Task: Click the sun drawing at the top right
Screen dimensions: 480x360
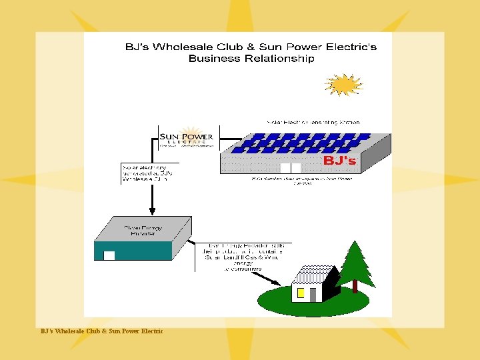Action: (x=344, y=85)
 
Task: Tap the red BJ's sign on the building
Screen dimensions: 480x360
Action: (x=339, y=161)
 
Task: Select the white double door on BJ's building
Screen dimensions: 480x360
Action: (x=291, y=168)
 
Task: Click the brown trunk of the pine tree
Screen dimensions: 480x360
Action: (x=355, y=286)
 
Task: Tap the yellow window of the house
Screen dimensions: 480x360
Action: (x=301, y=292)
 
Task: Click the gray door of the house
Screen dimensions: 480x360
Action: (x=313, y=294)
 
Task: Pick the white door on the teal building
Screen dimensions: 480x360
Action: (x=110, y=255)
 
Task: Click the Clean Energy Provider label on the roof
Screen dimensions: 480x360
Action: (x=143, y=231)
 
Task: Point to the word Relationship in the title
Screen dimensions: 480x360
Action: (x=279, y=58)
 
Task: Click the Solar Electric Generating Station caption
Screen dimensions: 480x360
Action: (x=313, y=123)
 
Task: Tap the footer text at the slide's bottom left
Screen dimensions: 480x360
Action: (x=100, y=331)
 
